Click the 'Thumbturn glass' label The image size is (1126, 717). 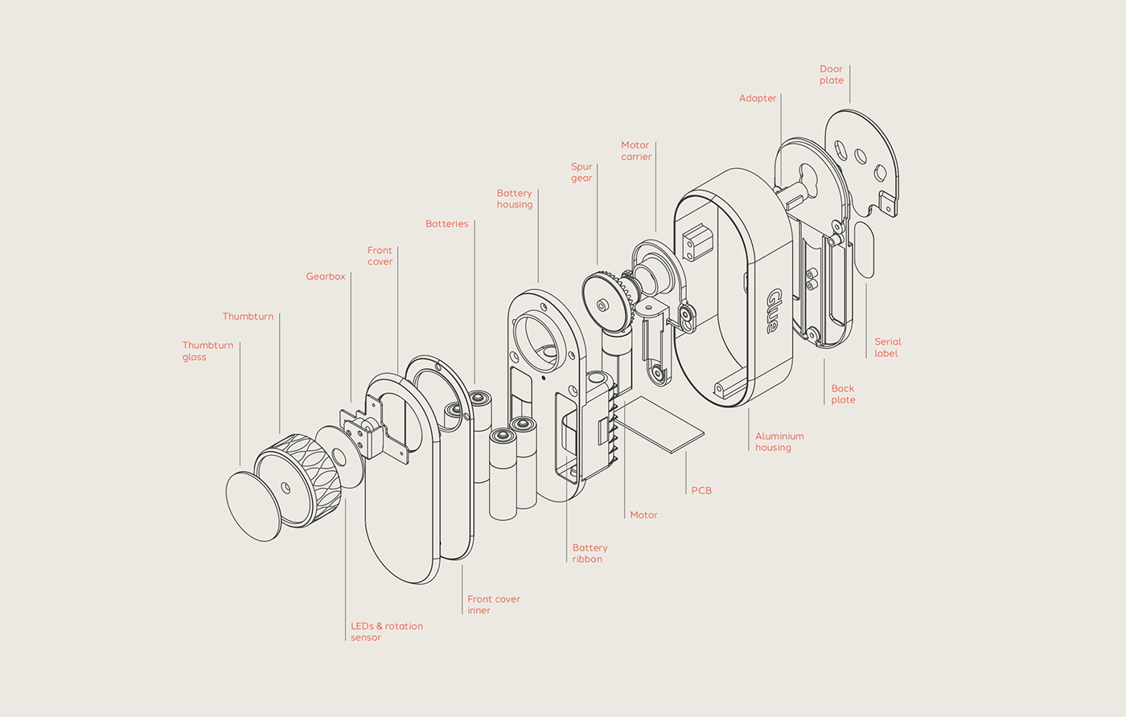pyautogui.click(x=208, y=351)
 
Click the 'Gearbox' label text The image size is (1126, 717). pyautogui.click(x=325, y=277)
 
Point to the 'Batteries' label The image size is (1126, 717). pyautogui.click(x=446, y=224)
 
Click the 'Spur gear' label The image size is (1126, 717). pyautogui.click(x=581, y=173)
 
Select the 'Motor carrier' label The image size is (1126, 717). pyautogui.click(x=635, y=151)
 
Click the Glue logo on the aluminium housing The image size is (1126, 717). pyautogui.click(x=772, y=310)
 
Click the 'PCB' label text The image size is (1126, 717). pyautogui.click(x=701, y=490)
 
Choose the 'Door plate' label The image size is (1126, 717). pyautogui.click(x=832, y=75)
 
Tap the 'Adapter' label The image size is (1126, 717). pyautogui.click(x=758, y=99)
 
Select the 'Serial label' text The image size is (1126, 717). pyautogui.click(x=887, y=347)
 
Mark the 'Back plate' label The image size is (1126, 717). pyautogui.click(x=843, y=394)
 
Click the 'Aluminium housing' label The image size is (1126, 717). pyautogui.click(x=779, y=442)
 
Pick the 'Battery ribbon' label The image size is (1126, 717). pyautogui.click(x=590, y=553)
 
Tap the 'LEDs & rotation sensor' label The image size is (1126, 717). pyautogui.click(x=386, y=632)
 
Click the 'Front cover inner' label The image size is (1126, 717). pyautogui.click(x=493, y=604)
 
